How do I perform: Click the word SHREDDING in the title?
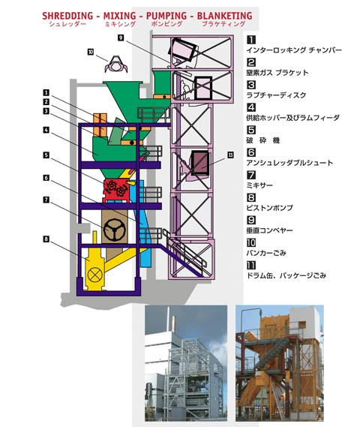[67, 16]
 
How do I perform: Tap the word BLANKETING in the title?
[225, 16]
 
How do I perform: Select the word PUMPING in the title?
[166, 16]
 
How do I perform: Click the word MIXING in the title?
[120, 16]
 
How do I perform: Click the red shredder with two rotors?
[115, 191]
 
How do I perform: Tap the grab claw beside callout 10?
[116, 65]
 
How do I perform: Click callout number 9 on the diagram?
[121, 38]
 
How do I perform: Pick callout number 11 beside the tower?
[230, 155]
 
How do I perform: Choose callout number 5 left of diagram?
[46, 155]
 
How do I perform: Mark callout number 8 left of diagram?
[46, 239]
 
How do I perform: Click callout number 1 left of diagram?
[46, 92]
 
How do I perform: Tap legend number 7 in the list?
[251, 175]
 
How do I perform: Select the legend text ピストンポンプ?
[269, 208]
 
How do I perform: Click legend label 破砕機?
[262, 140]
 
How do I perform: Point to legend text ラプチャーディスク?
[276, 95]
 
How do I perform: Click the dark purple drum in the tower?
[200, 163]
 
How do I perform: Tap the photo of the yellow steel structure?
[280, 363]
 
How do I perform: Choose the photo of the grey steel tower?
[186, 363]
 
